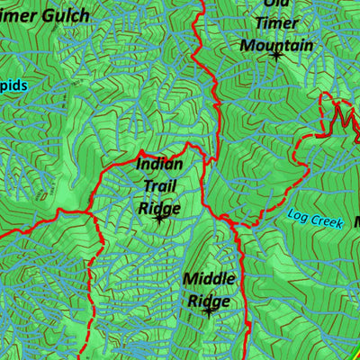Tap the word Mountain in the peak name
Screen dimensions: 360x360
pos(276,45)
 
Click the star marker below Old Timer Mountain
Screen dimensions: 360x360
pos(276,57)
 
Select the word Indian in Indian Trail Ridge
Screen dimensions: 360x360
pos(160,164)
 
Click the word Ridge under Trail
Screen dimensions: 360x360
pos(159,208)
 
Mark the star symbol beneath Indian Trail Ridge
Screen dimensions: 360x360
pos(159,219)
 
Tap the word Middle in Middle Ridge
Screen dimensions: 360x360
pos(209,279)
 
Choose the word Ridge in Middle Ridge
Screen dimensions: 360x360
pos(209,301)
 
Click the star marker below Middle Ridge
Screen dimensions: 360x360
pos(209,313)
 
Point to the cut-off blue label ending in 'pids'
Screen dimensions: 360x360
pos(13,85)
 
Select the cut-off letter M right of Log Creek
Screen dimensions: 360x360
pos(355,220)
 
